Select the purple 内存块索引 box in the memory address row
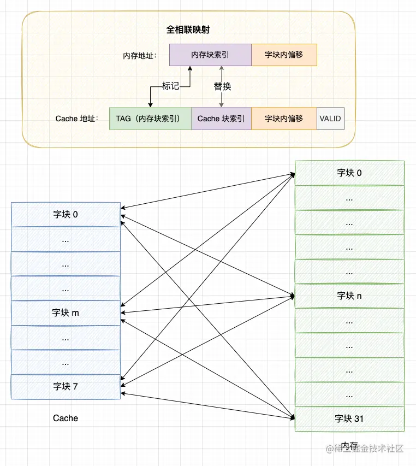tap(210, 55)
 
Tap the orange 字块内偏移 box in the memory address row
tap(284, 55)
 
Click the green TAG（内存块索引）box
tap(150, 118)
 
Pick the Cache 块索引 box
tap(221, 118)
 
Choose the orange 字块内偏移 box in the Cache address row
tap(284, 118)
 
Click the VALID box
tap(330, 118)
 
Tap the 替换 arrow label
tap(222, 86)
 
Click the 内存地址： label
tap(140, 56)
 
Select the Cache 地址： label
tap(77, 119)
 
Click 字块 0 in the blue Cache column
tap(66, 215)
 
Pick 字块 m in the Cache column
tap(66, 312)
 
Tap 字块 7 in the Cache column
tap(66, 386)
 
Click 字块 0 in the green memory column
tap(349, 173)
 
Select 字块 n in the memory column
tap(349, 296)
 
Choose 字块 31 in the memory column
tap(349, 418)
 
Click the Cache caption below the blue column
tap(66, 418)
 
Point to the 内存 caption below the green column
tap(349, 445)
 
